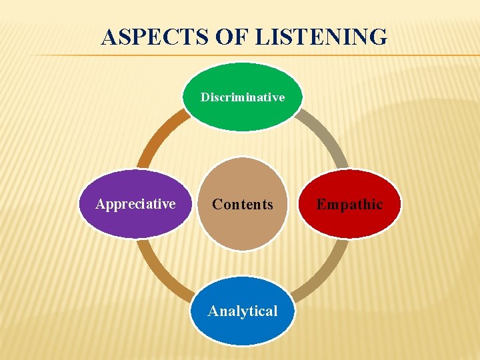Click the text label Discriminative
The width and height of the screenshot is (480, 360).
(x=243, y=97)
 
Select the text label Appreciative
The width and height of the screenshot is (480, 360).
(x=135, y=204)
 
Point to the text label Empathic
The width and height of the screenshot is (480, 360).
(x=350, y=205)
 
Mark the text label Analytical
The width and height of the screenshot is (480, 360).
(x=243, y=311)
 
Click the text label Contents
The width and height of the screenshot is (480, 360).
(x=243, y=205)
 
